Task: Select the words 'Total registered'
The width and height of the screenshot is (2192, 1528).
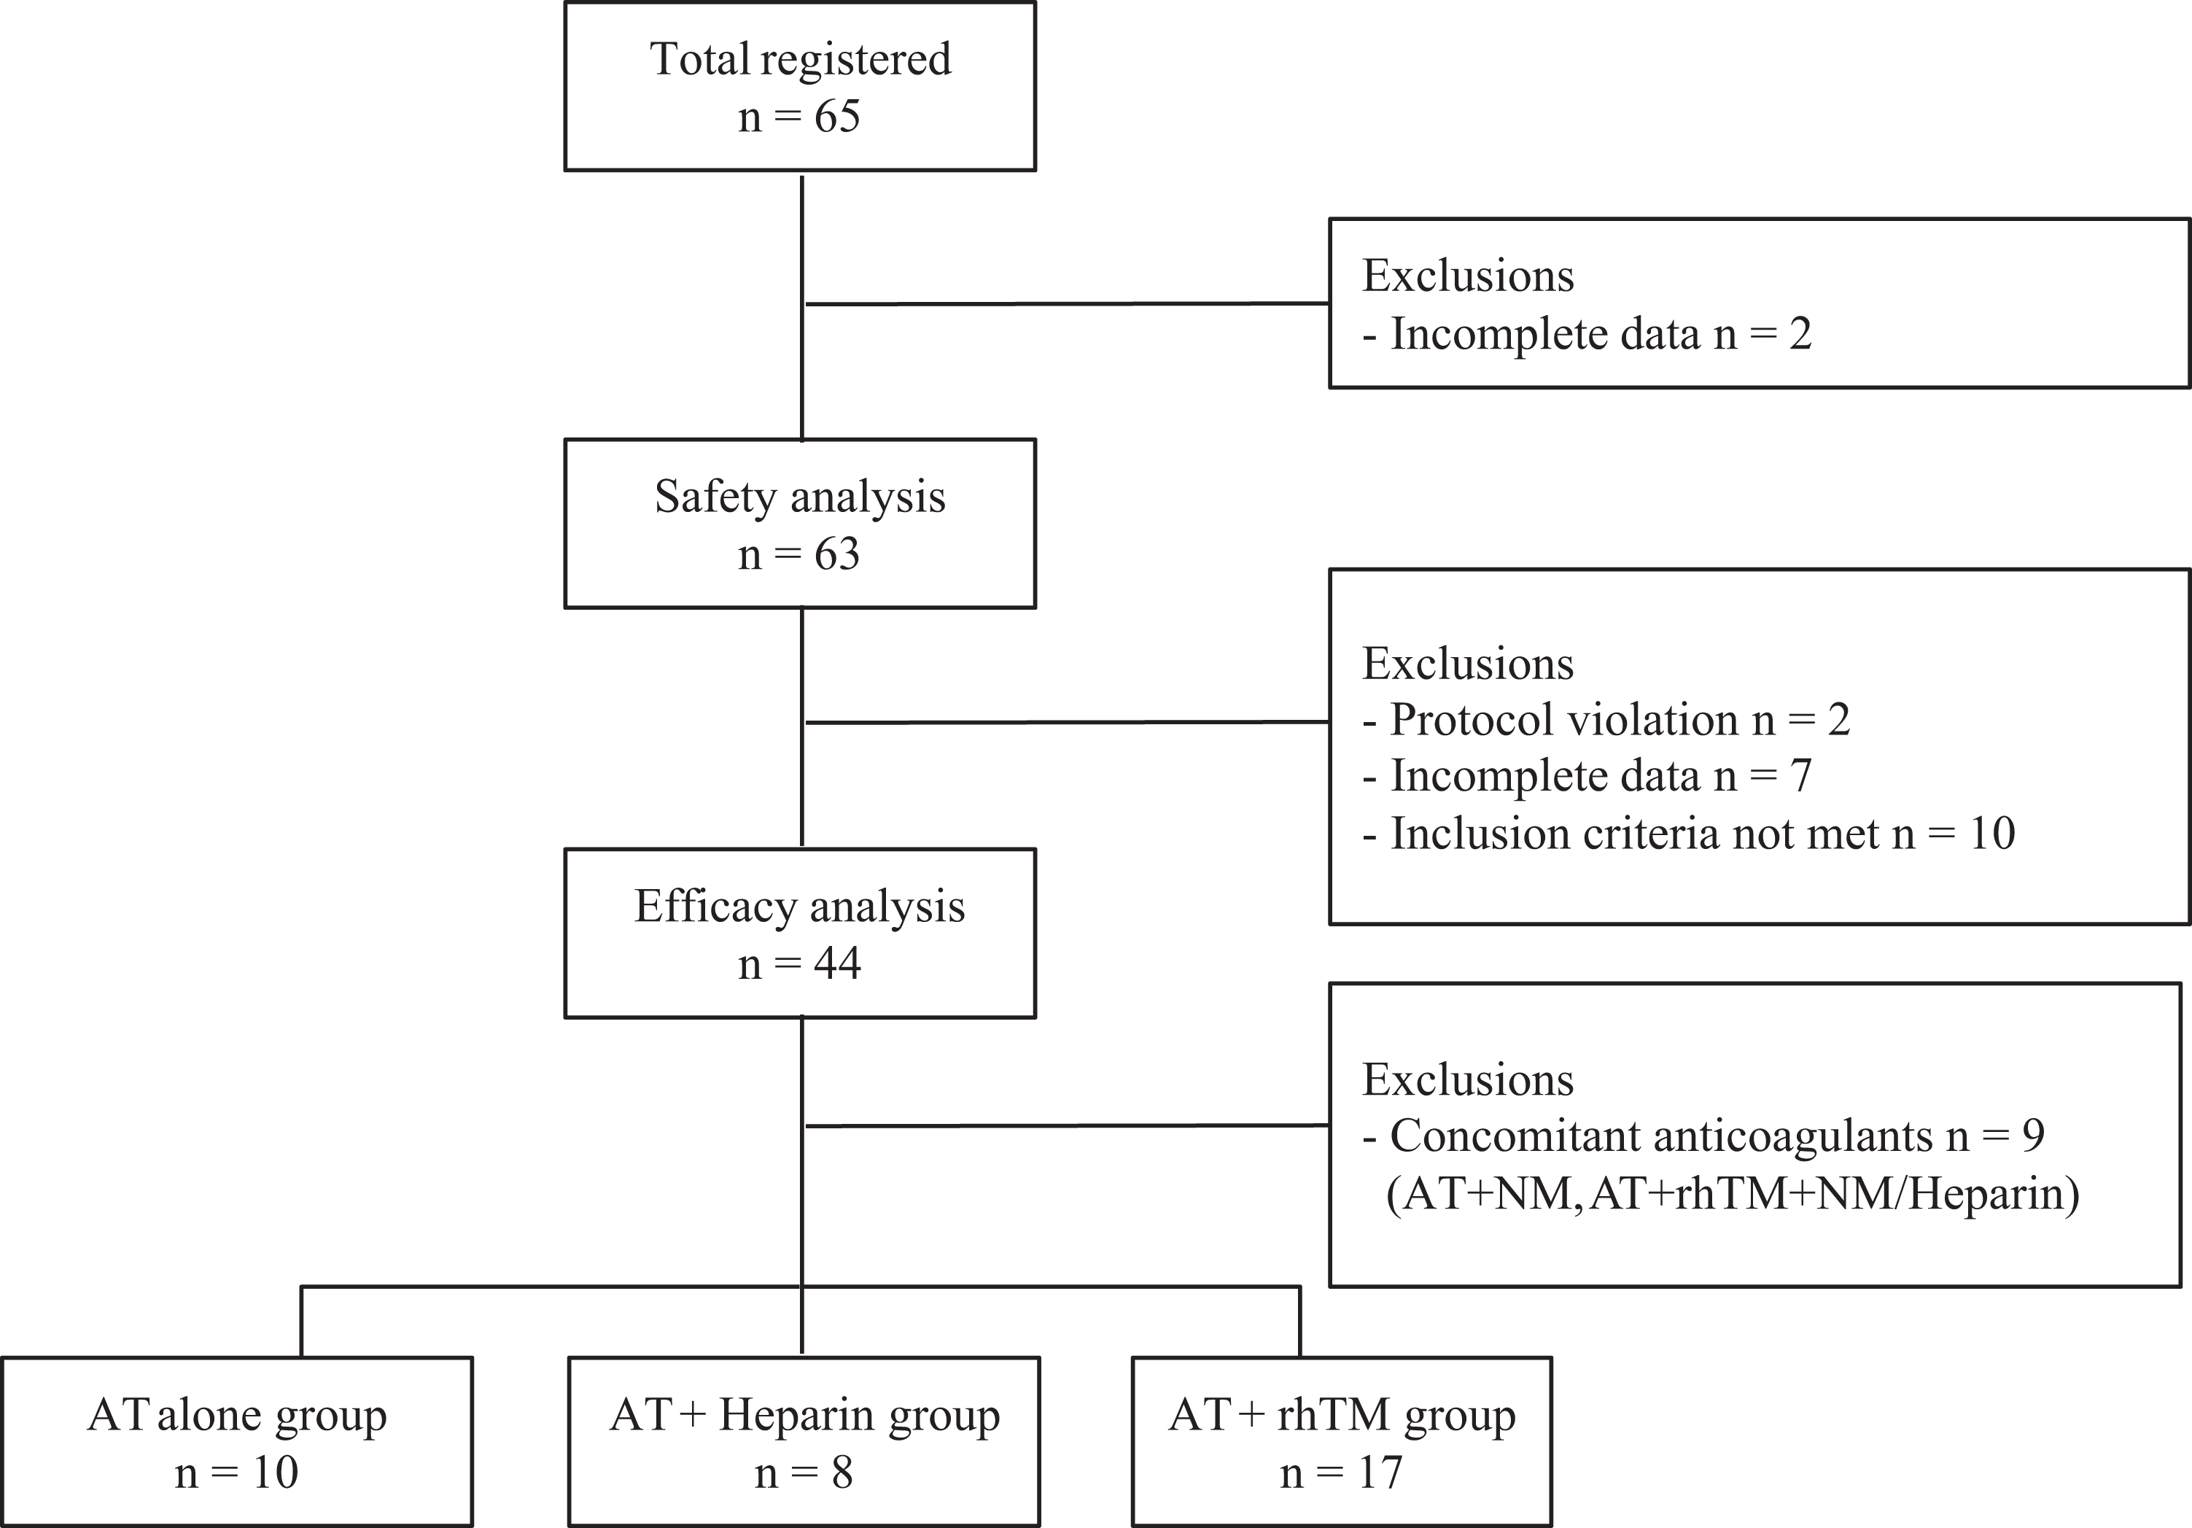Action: [800, 59]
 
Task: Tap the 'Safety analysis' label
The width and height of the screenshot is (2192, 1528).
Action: [800, 497]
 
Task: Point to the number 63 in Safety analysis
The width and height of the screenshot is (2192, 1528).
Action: [836, 554]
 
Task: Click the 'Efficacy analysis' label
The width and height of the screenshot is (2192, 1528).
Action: [800, 907]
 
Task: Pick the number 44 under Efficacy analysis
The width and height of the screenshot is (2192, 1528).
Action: [837, 963]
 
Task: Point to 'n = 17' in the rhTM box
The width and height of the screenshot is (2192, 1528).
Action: [1341, 1473]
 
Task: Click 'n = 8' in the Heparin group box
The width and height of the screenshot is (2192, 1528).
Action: [804, 1473]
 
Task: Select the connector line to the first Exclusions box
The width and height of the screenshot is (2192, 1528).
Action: [1068, 303]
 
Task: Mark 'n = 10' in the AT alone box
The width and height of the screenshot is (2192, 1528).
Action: [237, 1473]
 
